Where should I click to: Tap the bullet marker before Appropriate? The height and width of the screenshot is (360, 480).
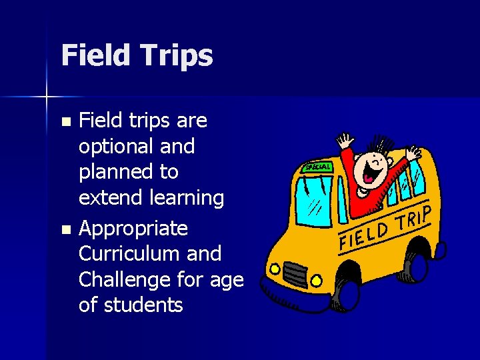click(x=65, y=229)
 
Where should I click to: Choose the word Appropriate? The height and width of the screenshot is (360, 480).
click(x=133, y=229)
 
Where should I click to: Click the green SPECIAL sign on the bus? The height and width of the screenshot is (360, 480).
click(x=317, y=167)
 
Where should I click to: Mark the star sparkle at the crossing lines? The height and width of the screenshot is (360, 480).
click(x=47, y=97)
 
